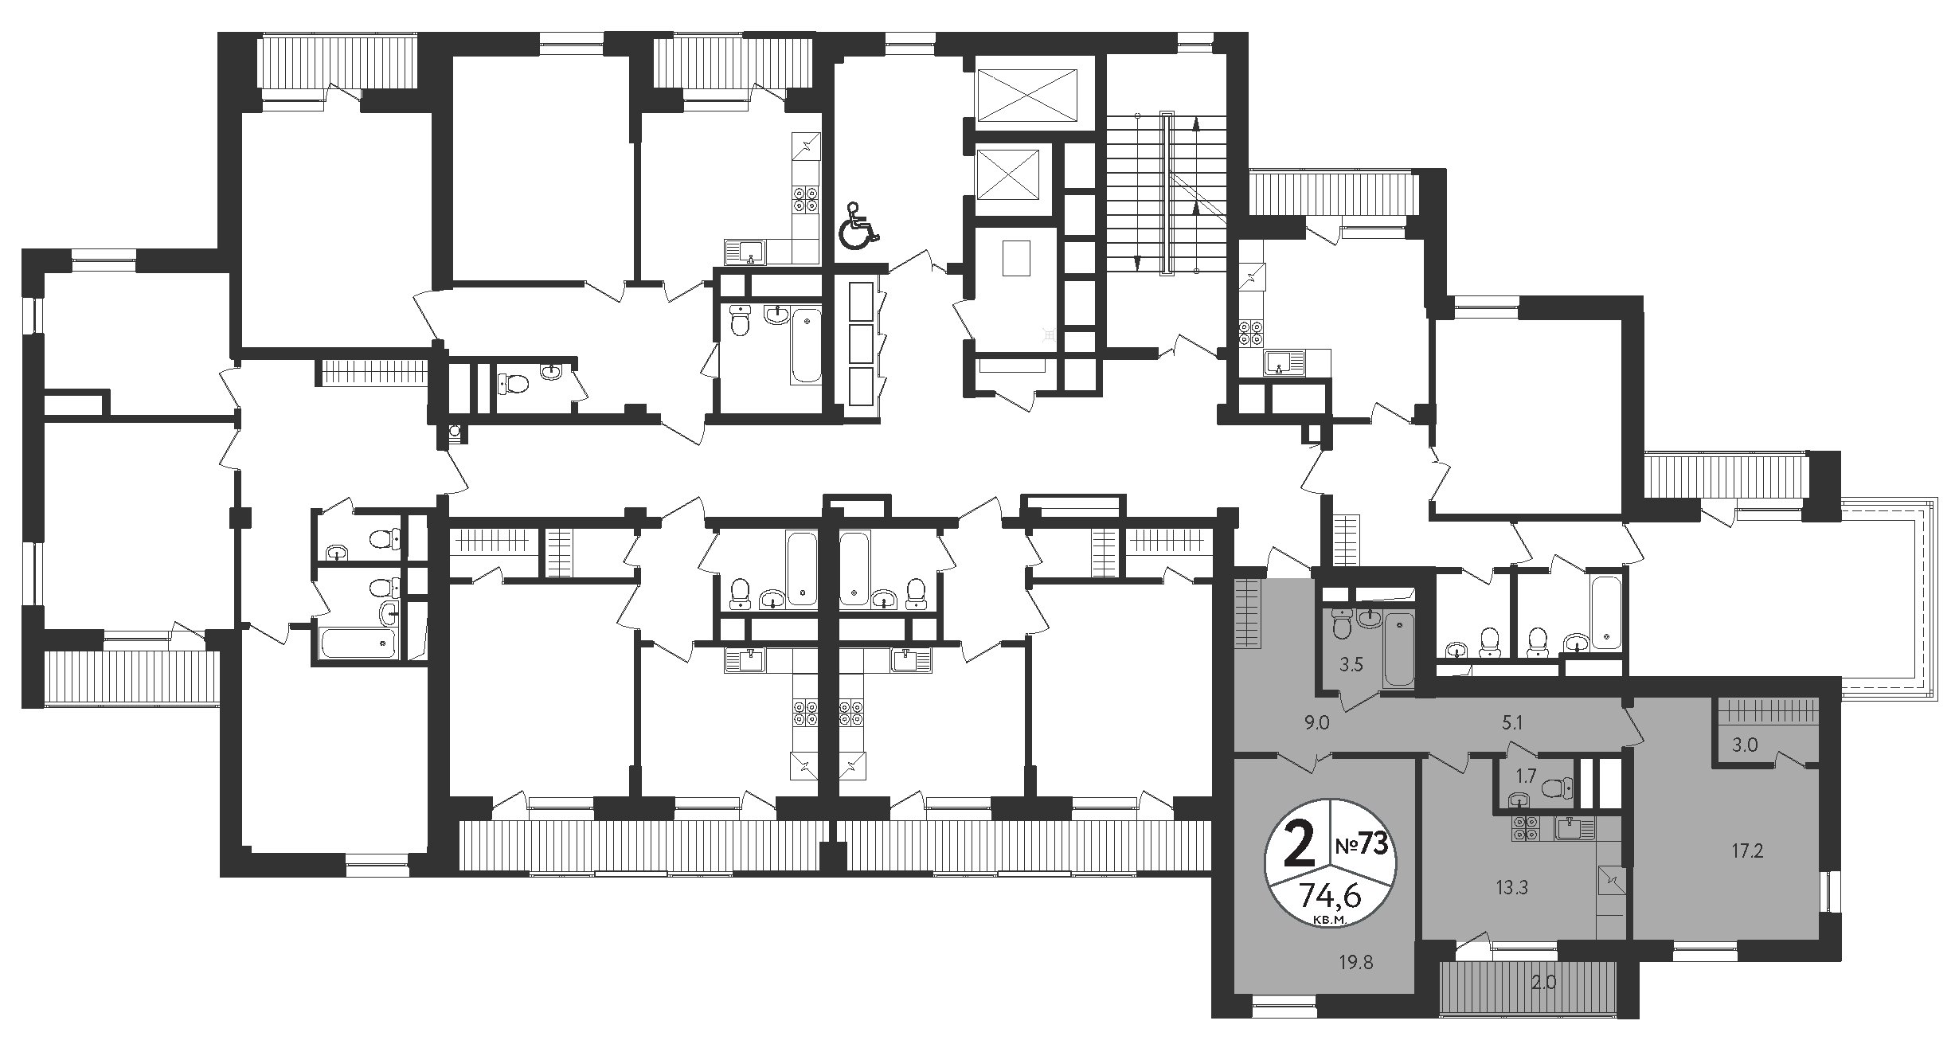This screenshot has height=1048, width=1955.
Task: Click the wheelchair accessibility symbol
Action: coord(858,225)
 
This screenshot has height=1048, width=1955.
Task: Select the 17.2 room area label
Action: coord(1747,851)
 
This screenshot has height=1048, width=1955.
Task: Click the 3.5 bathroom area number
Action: coord(1351,664)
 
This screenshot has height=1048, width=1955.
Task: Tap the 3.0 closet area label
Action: coord(1739,745)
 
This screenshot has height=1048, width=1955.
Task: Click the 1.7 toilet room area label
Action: coord(1524,776)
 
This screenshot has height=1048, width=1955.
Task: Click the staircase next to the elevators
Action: coord(1167,194)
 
